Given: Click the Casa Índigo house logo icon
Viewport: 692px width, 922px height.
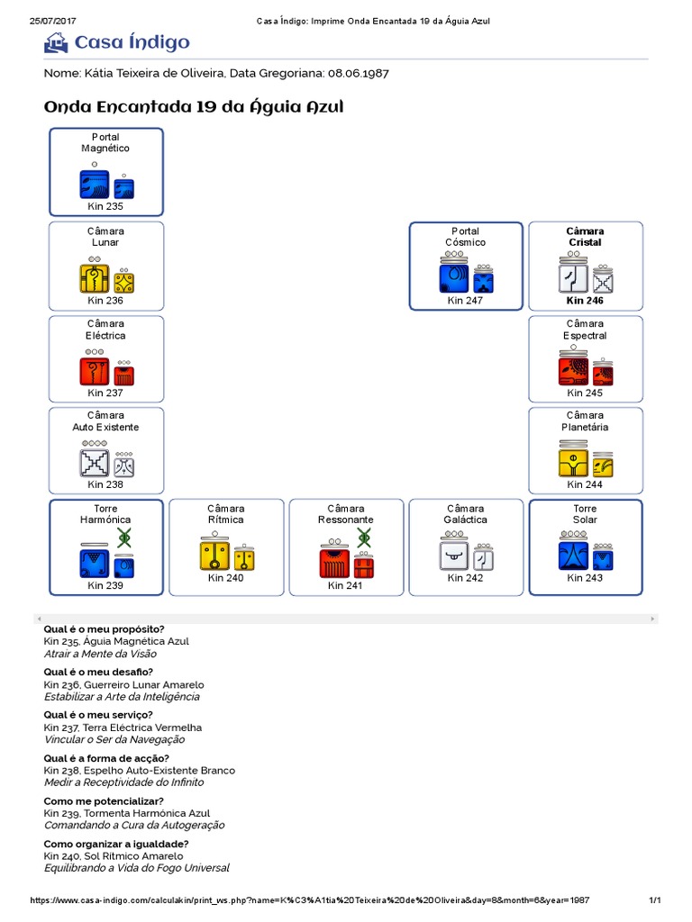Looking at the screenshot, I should [56, 42].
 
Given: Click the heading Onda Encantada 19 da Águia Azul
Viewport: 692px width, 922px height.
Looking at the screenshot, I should [194, 107].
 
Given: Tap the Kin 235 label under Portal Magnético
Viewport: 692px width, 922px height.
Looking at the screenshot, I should [105, 206].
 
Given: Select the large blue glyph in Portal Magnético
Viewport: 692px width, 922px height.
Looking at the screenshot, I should [94, 184].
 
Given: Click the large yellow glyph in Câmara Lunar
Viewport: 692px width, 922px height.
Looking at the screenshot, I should [94, 279].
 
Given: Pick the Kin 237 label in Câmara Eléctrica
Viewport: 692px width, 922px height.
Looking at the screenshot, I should [105, 393].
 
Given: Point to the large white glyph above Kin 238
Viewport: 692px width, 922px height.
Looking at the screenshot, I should [94, 463].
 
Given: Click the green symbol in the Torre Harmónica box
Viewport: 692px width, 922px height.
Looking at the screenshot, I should [124, 538].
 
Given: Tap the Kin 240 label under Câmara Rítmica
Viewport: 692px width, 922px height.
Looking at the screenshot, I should [225, 578].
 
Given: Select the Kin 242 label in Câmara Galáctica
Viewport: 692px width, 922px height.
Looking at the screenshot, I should [465, 578].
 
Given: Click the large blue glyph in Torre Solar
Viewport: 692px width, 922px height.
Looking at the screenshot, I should [573, 556].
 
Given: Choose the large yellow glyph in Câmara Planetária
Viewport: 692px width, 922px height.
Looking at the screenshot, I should [573, 463].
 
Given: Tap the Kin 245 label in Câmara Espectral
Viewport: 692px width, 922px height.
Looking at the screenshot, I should [585, 393].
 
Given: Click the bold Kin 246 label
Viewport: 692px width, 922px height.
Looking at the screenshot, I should [585, 301].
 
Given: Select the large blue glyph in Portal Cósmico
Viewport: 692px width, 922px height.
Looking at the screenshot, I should [454, 278].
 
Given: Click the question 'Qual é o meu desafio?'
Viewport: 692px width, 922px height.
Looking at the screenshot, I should [98, 672].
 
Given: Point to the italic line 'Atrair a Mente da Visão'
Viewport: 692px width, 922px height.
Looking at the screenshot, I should [100, 654].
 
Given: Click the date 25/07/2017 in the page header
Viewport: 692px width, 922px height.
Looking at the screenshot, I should [50, 20].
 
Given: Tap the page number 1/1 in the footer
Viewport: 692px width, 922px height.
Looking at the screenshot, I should [655, 900].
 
